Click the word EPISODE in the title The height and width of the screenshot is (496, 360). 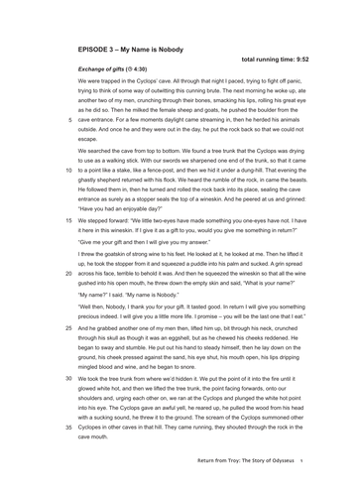(95, 47)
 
